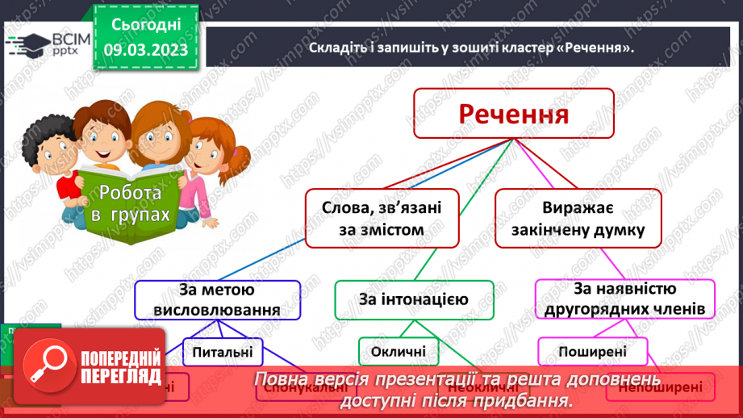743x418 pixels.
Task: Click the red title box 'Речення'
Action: pos(514,113)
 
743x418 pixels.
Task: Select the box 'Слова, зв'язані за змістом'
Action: pos(382,219)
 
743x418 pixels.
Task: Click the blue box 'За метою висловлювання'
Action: pos(217,299)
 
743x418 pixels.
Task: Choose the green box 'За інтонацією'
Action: pos(413,300)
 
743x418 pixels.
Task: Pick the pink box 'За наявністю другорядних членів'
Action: pos(625,299)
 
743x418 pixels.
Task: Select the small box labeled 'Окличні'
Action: pos(399,352)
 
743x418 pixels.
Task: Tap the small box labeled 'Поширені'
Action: pos(593,352)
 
